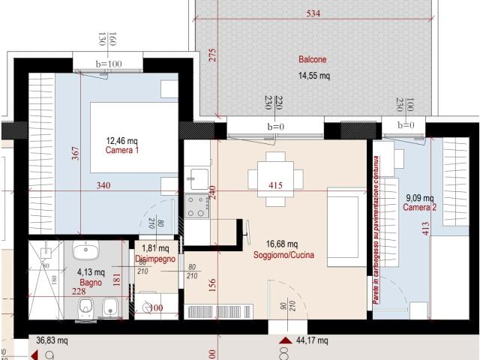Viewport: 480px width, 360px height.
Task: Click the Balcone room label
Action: click(313, 60)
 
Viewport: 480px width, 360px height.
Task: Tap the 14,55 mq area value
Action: click(314, 76)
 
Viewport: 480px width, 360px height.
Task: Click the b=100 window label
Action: click(109, 64)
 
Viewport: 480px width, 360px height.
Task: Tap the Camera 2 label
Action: click(419, 208)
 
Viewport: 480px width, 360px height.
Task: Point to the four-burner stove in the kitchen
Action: click(198, 205)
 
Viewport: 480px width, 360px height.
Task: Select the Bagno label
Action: click(90, 283)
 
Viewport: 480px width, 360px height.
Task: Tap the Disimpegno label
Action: click(155, 259)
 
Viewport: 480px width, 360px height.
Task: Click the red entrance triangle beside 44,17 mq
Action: click(284, 341)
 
